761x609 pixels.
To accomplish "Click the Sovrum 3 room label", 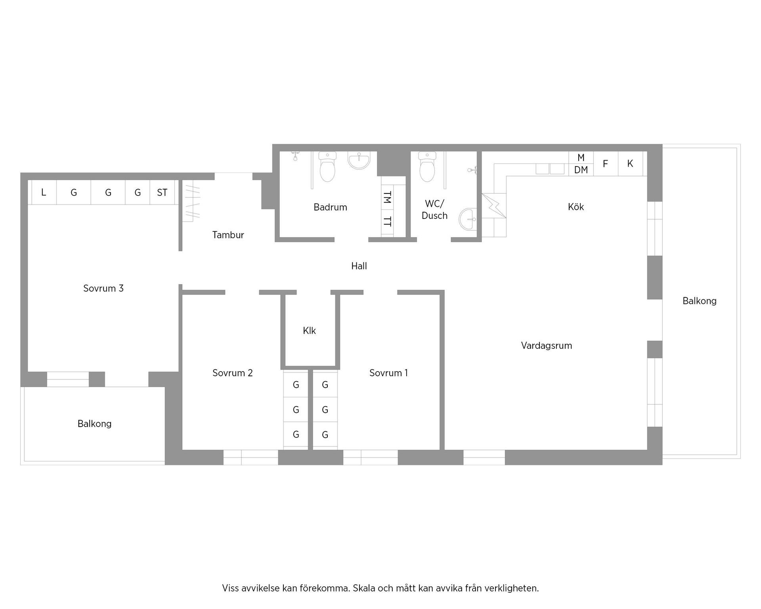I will [x=103, y=288].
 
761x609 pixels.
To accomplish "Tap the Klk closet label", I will [x=309, y=331].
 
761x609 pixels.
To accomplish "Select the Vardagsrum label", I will [x=546, y=345].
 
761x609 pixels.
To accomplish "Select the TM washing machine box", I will [x=387, y=197].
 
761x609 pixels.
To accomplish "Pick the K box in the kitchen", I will [x=630, y=163].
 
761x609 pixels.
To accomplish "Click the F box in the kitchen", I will [x=605, y=163].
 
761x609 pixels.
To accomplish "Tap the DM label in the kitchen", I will [x=581, y=170].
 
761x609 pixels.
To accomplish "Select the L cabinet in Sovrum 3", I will [x=44, y=193].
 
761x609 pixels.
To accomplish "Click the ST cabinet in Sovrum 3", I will [x=162, y=193].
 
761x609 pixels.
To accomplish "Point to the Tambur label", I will [x=228, y=235].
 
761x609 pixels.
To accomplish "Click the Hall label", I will [x=359, y=266].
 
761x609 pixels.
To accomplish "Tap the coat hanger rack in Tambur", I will [x=193, y=202].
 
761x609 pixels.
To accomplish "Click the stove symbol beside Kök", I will [x=494, y=205].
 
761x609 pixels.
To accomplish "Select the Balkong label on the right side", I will [x=699, y=301].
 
